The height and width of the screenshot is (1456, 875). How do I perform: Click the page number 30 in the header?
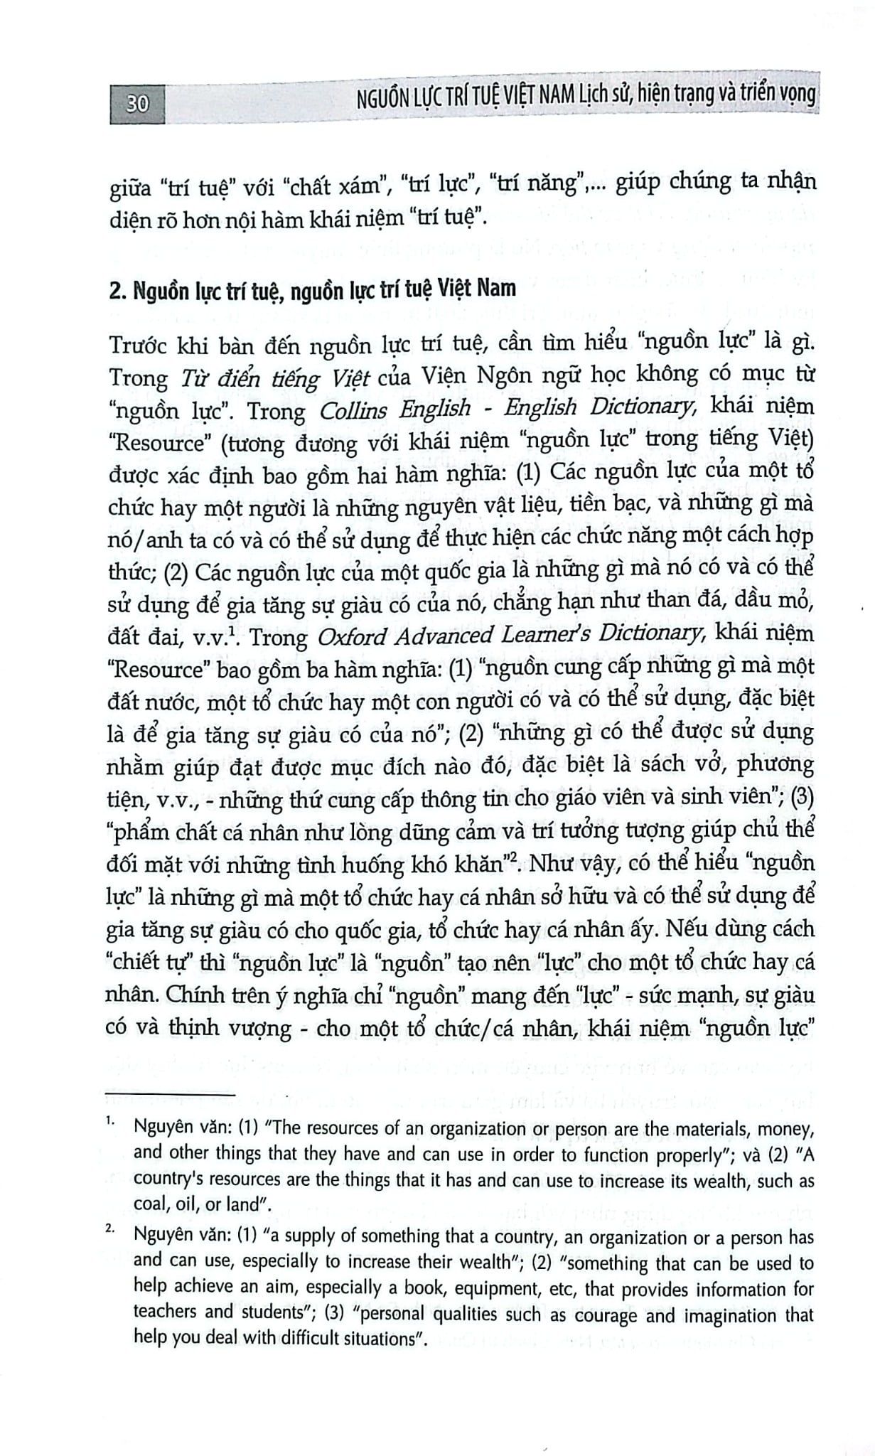coord(136,105)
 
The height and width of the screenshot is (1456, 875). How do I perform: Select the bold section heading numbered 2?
coord(313,291)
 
